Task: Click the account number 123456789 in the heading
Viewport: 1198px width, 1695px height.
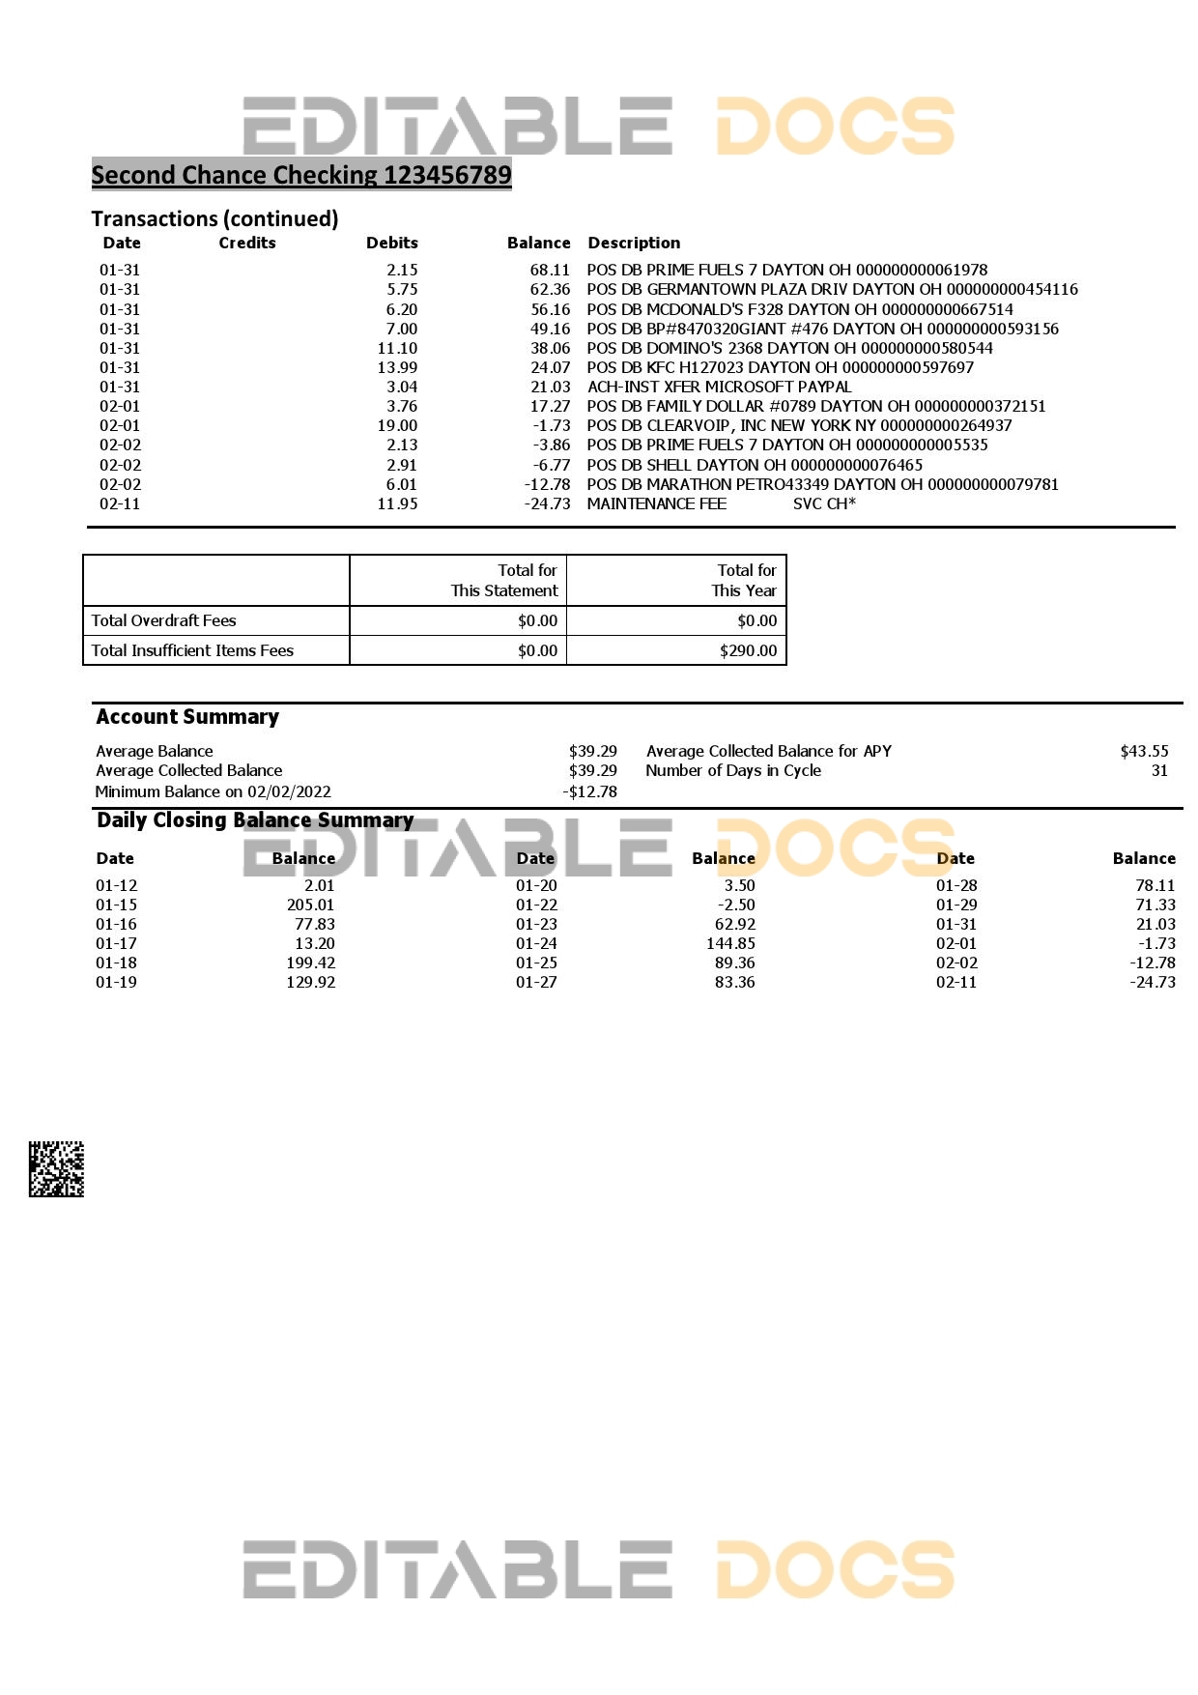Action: click(x=447, y=176)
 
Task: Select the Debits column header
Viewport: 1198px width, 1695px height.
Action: click(x=391, y=244)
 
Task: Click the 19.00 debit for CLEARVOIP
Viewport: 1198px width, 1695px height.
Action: click(x=397, y=426)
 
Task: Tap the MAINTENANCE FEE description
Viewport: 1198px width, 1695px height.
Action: click(x=656, y=504)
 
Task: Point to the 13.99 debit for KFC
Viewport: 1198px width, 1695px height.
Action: click(x=397, y=368)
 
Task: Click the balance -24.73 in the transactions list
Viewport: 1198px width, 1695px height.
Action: click(x=547, y=504)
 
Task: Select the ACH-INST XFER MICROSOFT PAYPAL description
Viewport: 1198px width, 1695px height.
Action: click(x=719, y=388)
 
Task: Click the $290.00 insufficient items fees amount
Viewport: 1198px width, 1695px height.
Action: click(x=748, y=651)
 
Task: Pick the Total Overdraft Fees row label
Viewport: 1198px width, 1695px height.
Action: click(x=163, y=621)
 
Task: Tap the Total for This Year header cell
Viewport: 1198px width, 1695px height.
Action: click(x=744, y=581)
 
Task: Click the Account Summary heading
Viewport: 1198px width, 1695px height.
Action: click(x=187, y=717)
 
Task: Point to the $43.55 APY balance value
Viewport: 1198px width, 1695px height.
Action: click(x=1144, y=752)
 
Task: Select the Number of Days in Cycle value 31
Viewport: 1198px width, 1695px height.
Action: click(x=1159, y=771)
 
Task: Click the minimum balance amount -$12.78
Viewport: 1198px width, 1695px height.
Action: click(x=589, y=792)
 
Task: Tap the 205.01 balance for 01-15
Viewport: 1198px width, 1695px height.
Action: click(x=310, y=905)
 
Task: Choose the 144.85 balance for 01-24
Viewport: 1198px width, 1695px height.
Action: click(x=730, y=944)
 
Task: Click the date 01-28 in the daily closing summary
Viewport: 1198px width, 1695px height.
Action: click(x=956, y=886)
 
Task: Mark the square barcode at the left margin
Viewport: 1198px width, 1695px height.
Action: click(x=56, y=1169)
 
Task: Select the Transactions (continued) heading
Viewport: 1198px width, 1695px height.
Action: click(x=214, y=219)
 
